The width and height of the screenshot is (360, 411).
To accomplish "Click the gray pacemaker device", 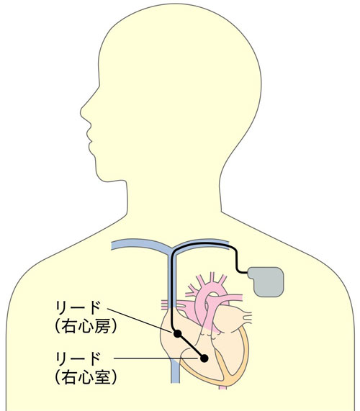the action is pyautogui.click(x=266, y=281).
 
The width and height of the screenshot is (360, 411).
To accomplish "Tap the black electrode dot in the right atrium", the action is pyautogui.click(x=178, y=334).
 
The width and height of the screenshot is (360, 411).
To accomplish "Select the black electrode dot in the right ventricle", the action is pyautogui.click(x=204, y=358).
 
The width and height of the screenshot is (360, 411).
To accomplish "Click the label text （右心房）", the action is pyautogui.click(x=86, y=327).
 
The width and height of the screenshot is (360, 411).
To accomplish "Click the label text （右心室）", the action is pyautogui.click(x=86, y=378).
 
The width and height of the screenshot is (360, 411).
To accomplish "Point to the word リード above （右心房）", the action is pyautogui.click(x=78, y=308).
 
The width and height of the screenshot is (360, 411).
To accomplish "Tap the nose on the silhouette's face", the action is pyautogui.click(x=82, y=113).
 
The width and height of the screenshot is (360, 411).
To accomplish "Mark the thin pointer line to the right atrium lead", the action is pyautogui.click(x=140, y=320).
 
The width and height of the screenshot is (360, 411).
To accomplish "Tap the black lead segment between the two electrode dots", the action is pyautogui.click(x=191, y=346).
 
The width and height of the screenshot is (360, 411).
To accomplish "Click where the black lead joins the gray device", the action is pyautogui.click(x=248, y=273).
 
